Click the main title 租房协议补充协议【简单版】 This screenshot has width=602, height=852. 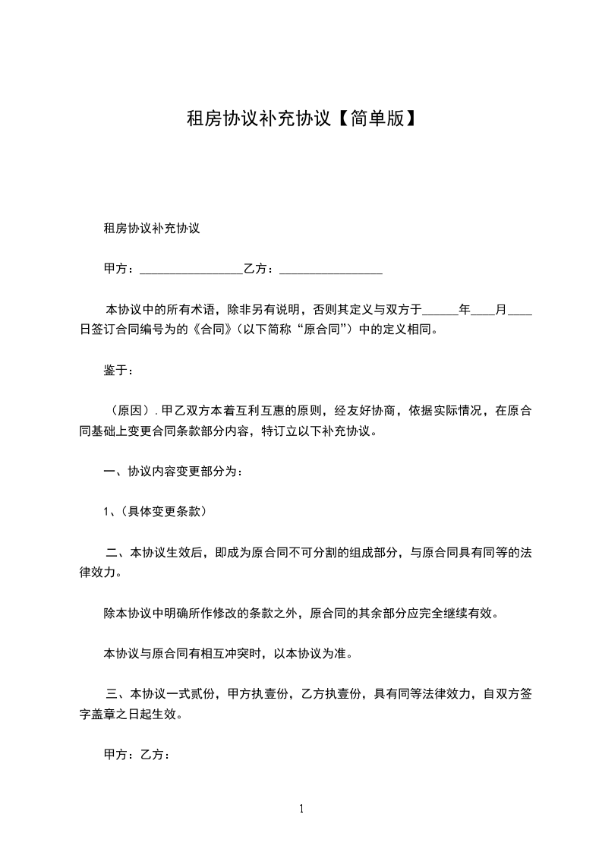click(x=301, y=119)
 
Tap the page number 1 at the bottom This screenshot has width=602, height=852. click(x=301, y=809)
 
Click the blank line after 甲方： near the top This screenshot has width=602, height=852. click(x=191, y=270)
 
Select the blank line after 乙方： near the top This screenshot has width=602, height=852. click(x=331, y=270)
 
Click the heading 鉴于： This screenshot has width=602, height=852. click(x=119, y=371)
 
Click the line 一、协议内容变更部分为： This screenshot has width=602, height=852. click(x=173, y=472)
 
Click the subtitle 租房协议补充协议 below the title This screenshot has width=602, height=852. click(x=151, y=229)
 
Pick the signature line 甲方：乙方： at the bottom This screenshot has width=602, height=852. click(x=135, y=755)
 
